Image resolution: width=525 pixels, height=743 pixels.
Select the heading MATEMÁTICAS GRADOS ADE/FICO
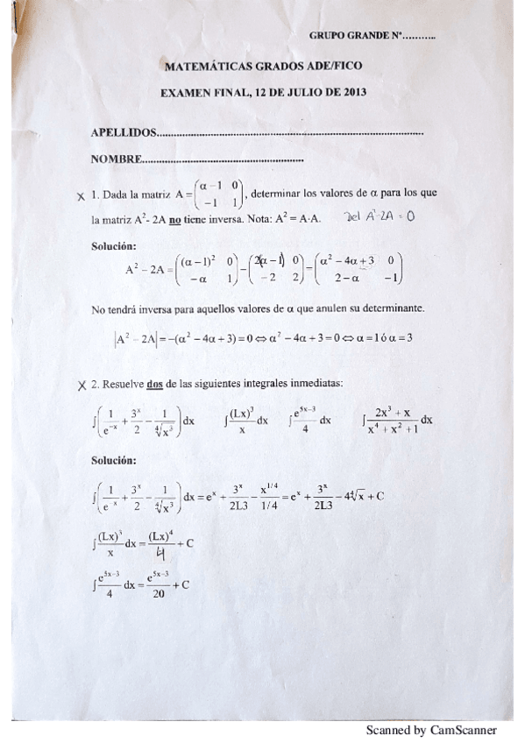pos(264,66)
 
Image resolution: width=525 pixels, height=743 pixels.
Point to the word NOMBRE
pos(116,159)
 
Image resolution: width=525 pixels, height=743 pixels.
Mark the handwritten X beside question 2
pos(81,384)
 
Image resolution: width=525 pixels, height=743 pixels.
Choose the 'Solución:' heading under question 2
pos(114,459)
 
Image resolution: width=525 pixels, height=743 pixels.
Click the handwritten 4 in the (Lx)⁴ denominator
pos(160,554)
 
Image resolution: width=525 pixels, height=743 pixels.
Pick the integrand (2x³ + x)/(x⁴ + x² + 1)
pos(390,421)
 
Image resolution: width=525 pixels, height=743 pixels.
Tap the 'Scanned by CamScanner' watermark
pos(430,730)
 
